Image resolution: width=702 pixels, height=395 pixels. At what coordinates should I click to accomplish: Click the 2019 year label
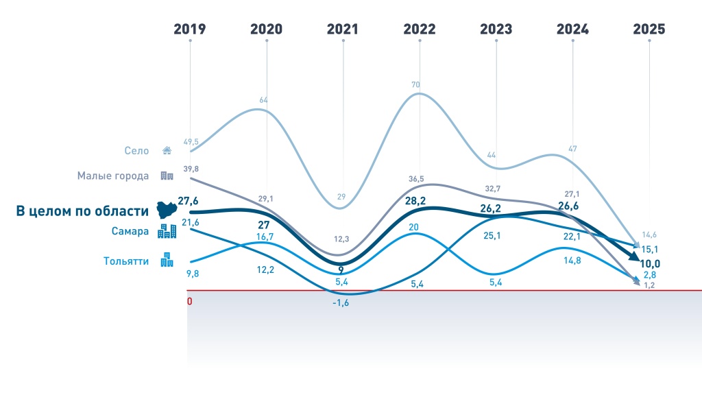point(190,29)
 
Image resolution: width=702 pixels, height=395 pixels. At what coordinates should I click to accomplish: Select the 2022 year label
point(420,29)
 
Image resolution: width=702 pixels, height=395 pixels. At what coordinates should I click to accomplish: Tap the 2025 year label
point(649,29)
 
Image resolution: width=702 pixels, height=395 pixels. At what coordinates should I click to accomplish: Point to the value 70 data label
point(416,85)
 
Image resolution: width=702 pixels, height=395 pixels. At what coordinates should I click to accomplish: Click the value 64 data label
point(263,100)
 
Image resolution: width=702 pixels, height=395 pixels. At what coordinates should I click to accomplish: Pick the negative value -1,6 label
point(341,303)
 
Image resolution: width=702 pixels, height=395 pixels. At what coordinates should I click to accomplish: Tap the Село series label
point(136,151)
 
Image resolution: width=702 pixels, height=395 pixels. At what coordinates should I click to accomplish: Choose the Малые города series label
point(113,176)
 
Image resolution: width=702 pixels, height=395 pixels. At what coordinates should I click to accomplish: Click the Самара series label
point(130,231)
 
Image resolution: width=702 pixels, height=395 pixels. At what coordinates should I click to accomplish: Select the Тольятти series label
point(126,261)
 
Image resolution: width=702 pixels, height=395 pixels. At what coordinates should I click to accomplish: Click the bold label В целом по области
point(82,211)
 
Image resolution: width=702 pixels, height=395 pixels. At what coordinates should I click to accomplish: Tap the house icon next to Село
point(167,151)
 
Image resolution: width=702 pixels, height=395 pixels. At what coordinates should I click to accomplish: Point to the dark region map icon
point(167,210)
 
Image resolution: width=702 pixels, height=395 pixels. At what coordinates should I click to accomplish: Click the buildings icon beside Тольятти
point(167,260)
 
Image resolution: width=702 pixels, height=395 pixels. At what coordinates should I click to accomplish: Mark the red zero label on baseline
point(190,301)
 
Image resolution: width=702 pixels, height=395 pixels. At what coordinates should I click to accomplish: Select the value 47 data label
point(573,149)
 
